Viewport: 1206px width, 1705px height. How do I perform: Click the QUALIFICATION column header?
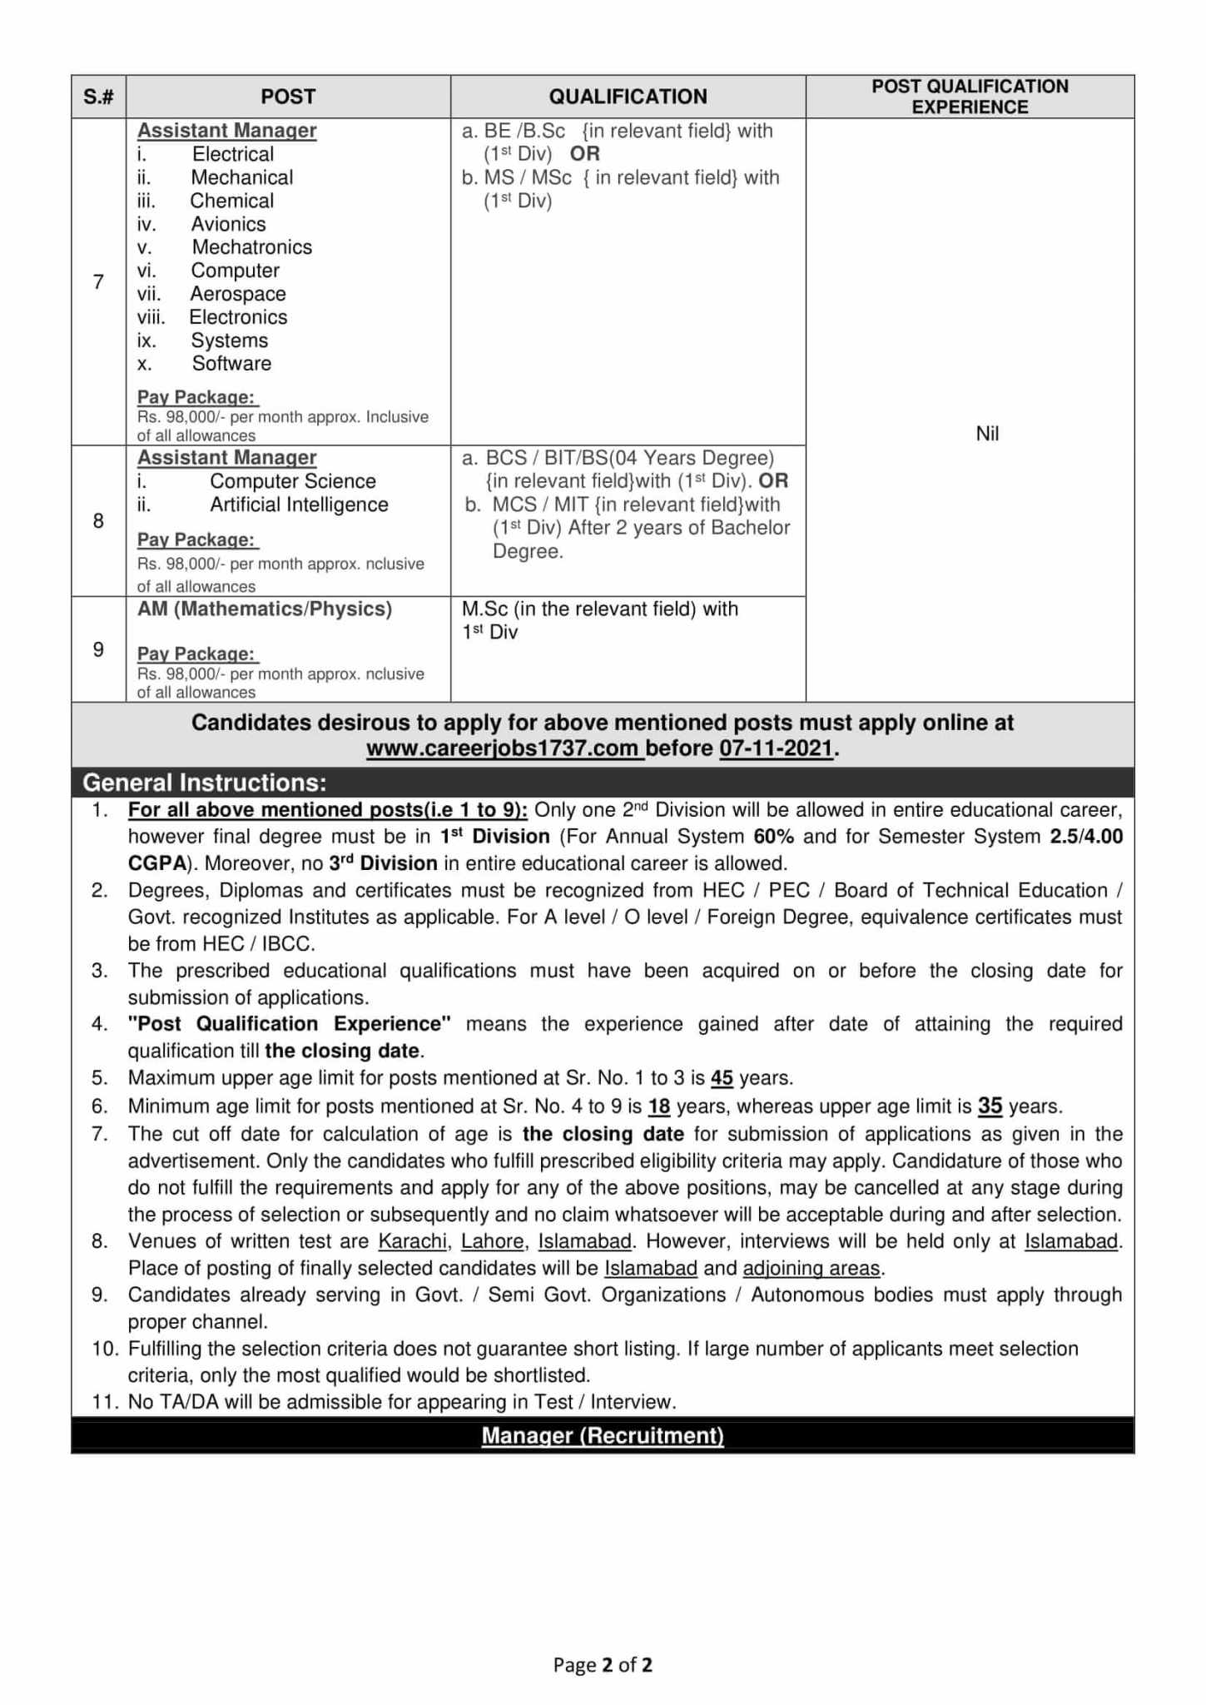(x=628, y=97)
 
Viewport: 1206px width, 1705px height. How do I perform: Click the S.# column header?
(x=98, y=97)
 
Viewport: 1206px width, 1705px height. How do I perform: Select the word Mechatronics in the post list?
(x=251, y=247)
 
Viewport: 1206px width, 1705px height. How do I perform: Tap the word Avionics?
(x=228, y=224)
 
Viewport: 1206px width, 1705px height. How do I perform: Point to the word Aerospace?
(x=237, y=294)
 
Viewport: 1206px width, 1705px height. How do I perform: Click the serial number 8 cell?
(x=98, y=521)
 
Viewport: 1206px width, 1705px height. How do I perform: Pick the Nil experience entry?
(x=987, y=434)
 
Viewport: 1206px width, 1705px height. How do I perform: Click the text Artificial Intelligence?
(x=299, y=505)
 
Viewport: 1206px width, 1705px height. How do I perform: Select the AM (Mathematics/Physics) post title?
(x=265, y=609)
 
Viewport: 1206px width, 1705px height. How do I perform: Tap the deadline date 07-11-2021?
(x=776, y=748)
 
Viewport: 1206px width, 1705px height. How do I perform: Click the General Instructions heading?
(x=205, y=783)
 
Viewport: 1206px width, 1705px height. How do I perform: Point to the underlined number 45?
(x=722, y=1078)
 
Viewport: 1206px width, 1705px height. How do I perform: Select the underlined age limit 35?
(x=990, y=1106)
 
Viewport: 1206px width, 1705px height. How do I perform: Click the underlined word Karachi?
(x=413, y=1241)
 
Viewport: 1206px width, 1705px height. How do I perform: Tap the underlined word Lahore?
(x=492, y=1241)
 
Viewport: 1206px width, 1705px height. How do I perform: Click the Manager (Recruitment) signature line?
(x=603, y=1436)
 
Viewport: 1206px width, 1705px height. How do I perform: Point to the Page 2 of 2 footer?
(x=603, y=1664)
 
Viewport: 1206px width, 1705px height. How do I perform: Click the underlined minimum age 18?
(x=659, y=1106)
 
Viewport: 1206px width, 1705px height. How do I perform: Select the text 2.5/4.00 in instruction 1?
(x=1086, y=837)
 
